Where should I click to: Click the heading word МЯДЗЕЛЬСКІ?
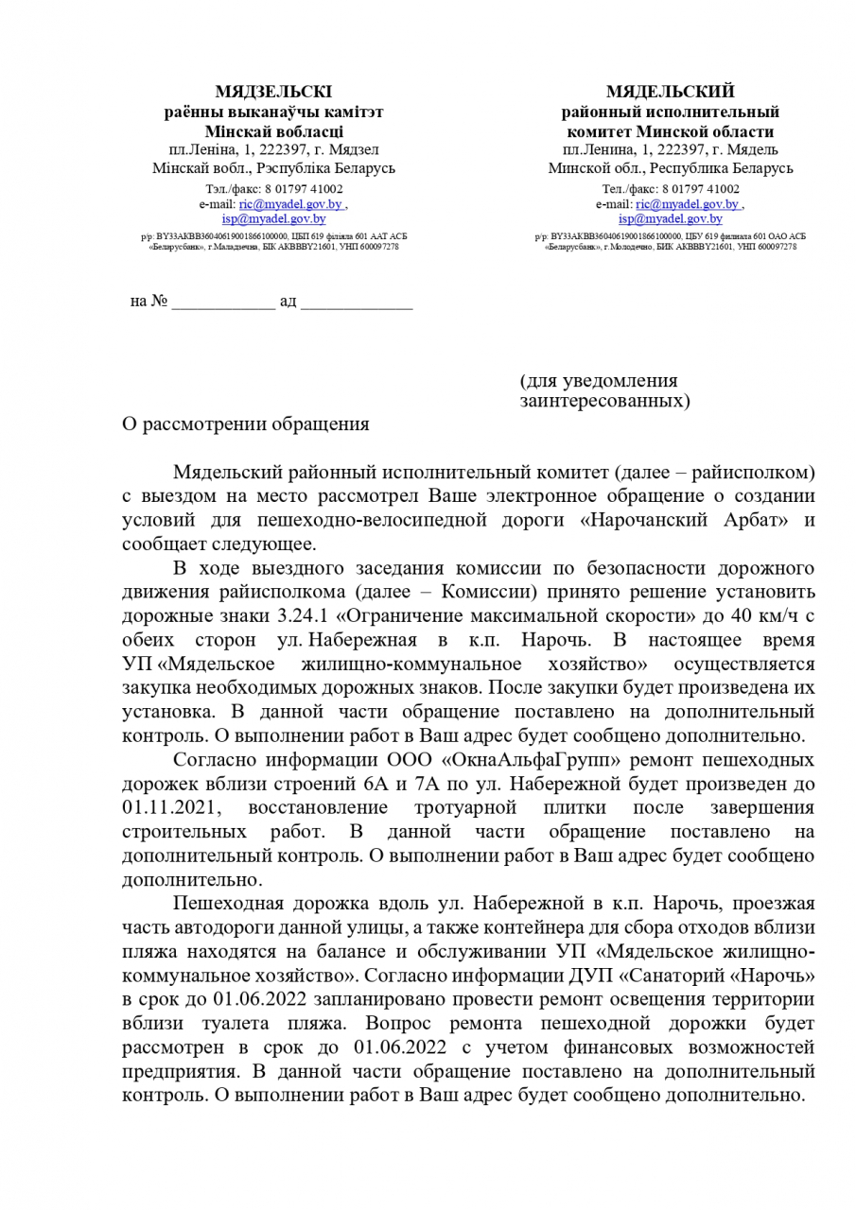click(273, 92)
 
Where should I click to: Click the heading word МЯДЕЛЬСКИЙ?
click(670, 92)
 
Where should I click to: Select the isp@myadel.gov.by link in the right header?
click(670, 218)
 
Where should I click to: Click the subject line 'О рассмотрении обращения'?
click(246, 423)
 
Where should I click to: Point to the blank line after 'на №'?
click(223, 302)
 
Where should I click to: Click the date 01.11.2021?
click(170, 808)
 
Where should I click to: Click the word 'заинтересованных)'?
click(605, 402)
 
